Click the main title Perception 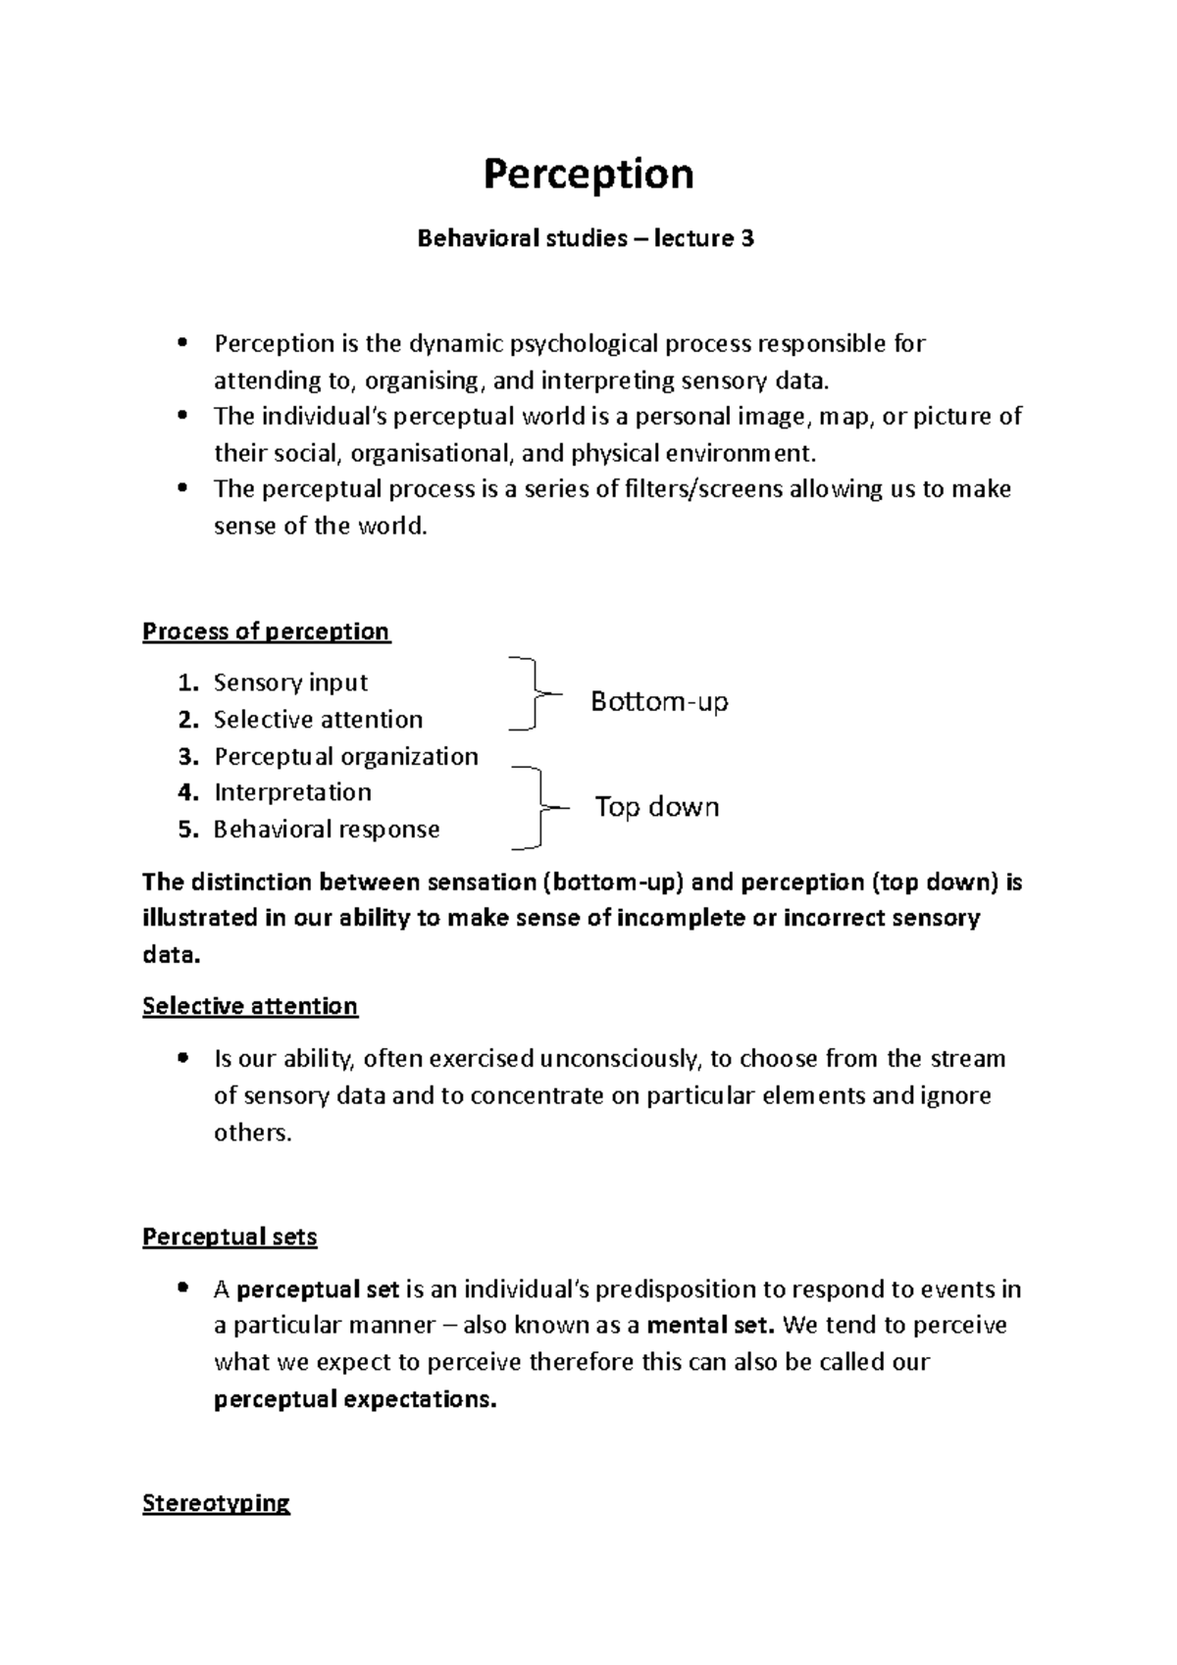(x=588, y=175)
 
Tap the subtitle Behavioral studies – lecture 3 (x=586, y=238)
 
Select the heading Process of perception (x=266, y=631)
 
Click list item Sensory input (x=290, y=682)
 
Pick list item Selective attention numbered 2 (x=318, y=720)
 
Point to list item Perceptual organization (x=345, y=756)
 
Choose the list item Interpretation (x=292, y=792)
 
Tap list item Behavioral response (x=327, y=830)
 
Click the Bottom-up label (x=659, y=702)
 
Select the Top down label (x=657, y=807)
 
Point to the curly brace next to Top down (x=535, y=807)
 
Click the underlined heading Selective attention (x=250, y=1007)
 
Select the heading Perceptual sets (x=230, y=1237)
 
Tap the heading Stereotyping (x=216, y=1504)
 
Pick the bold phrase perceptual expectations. (x=355, y=1399)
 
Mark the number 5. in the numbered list (x=188, y=830)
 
